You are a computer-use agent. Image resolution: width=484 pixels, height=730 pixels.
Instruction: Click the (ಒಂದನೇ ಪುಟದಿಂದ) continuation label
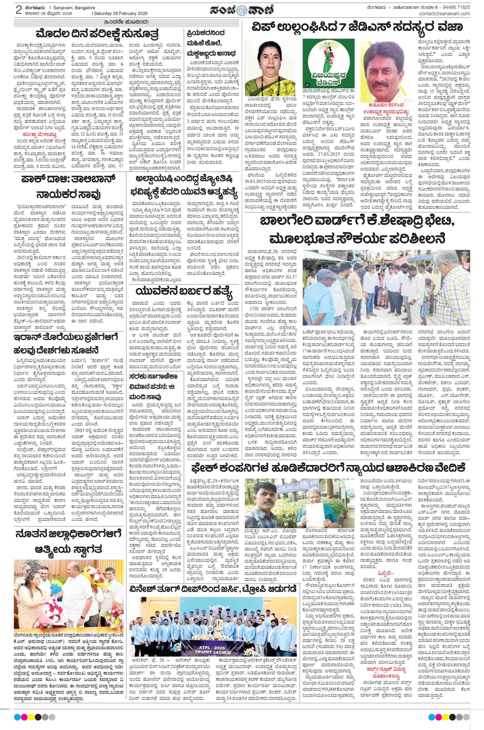tap(126, 22)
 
